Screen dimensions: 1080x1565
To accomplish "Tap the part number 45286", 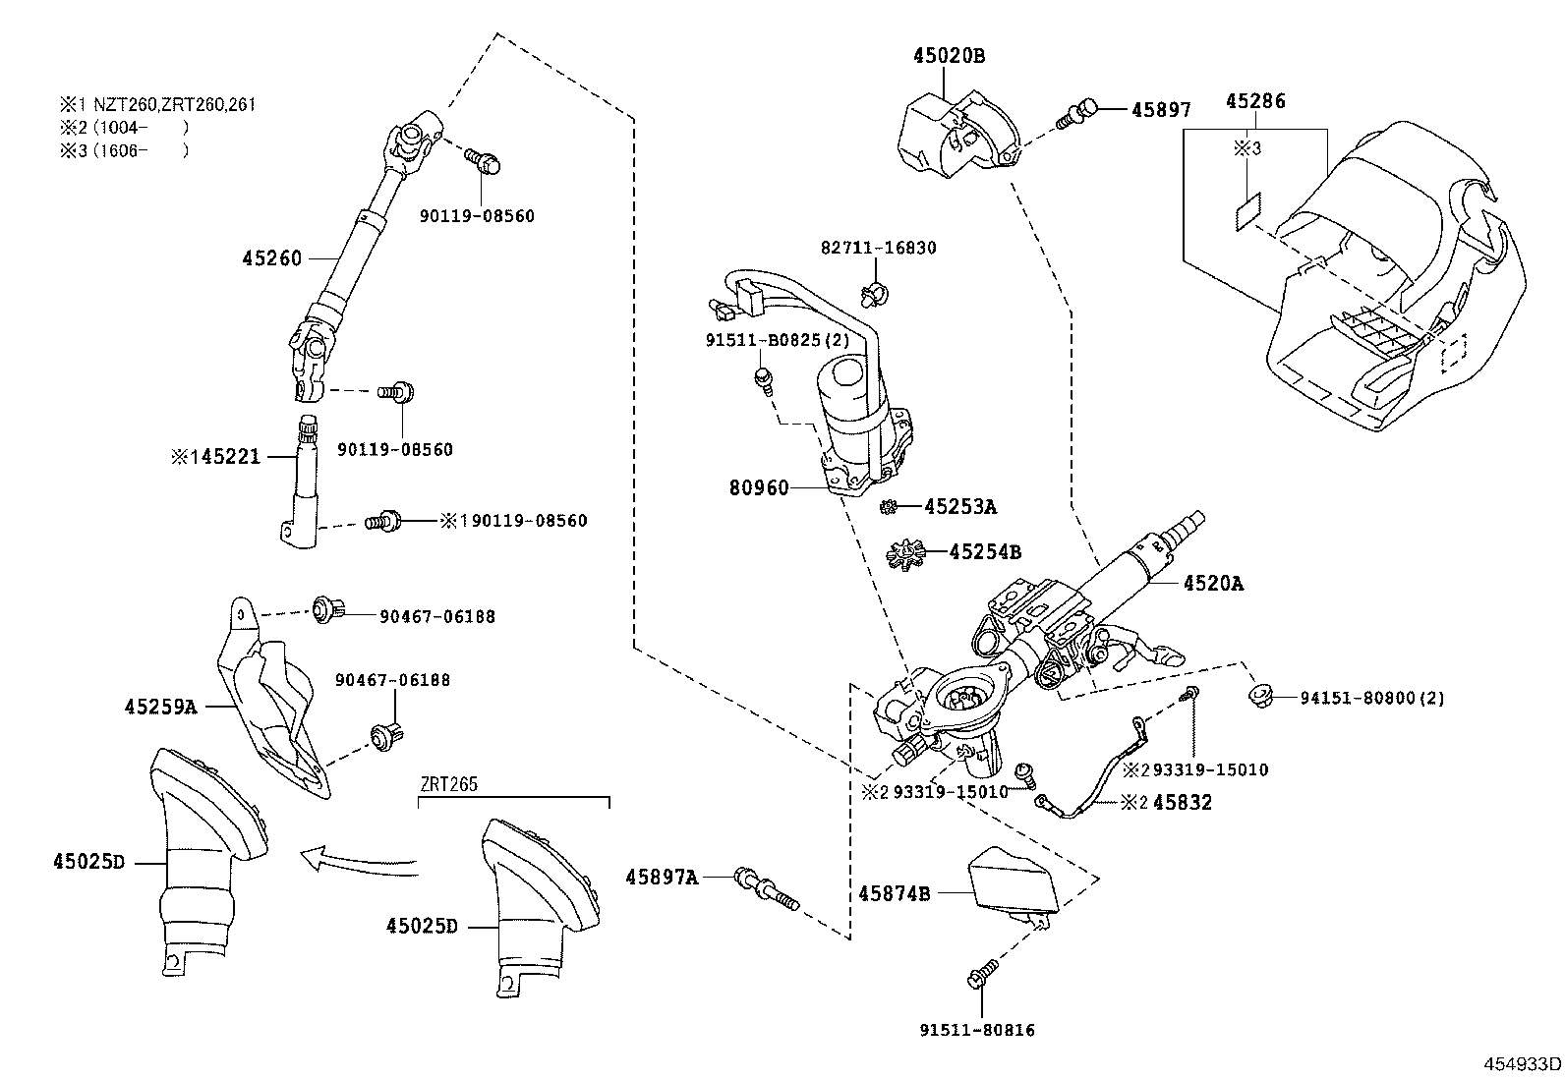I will pos(1255,101).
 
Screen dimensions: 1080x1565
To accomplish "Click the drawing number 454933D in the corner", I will pos(1521,1063).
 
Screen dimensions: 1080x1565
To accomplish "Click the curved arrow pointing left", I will pos(354,862).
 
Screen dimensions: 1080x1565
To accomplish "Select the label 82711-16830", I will pos(878,248).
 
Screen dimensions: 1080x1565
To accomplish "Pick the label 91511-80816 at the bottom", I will pos(977,1030).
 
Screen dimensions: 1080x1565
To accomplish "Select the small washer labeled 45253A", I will pos(888,507).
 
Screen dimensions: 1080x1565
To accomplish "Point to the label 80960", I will pos(758,486).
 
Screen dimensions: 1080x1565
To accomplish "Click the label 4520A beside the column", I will pos(1213,583).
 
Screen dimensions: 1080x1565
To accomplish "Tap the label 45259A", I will pos(160,706).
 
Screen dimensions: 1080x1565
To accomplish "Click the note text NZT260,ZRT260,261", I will pos(174,104).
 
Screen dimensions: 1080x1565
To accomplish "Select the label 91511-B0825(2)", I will pos(777,340).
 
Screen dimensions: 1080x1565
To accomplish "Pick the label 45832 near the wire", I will pos(1182,802).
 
